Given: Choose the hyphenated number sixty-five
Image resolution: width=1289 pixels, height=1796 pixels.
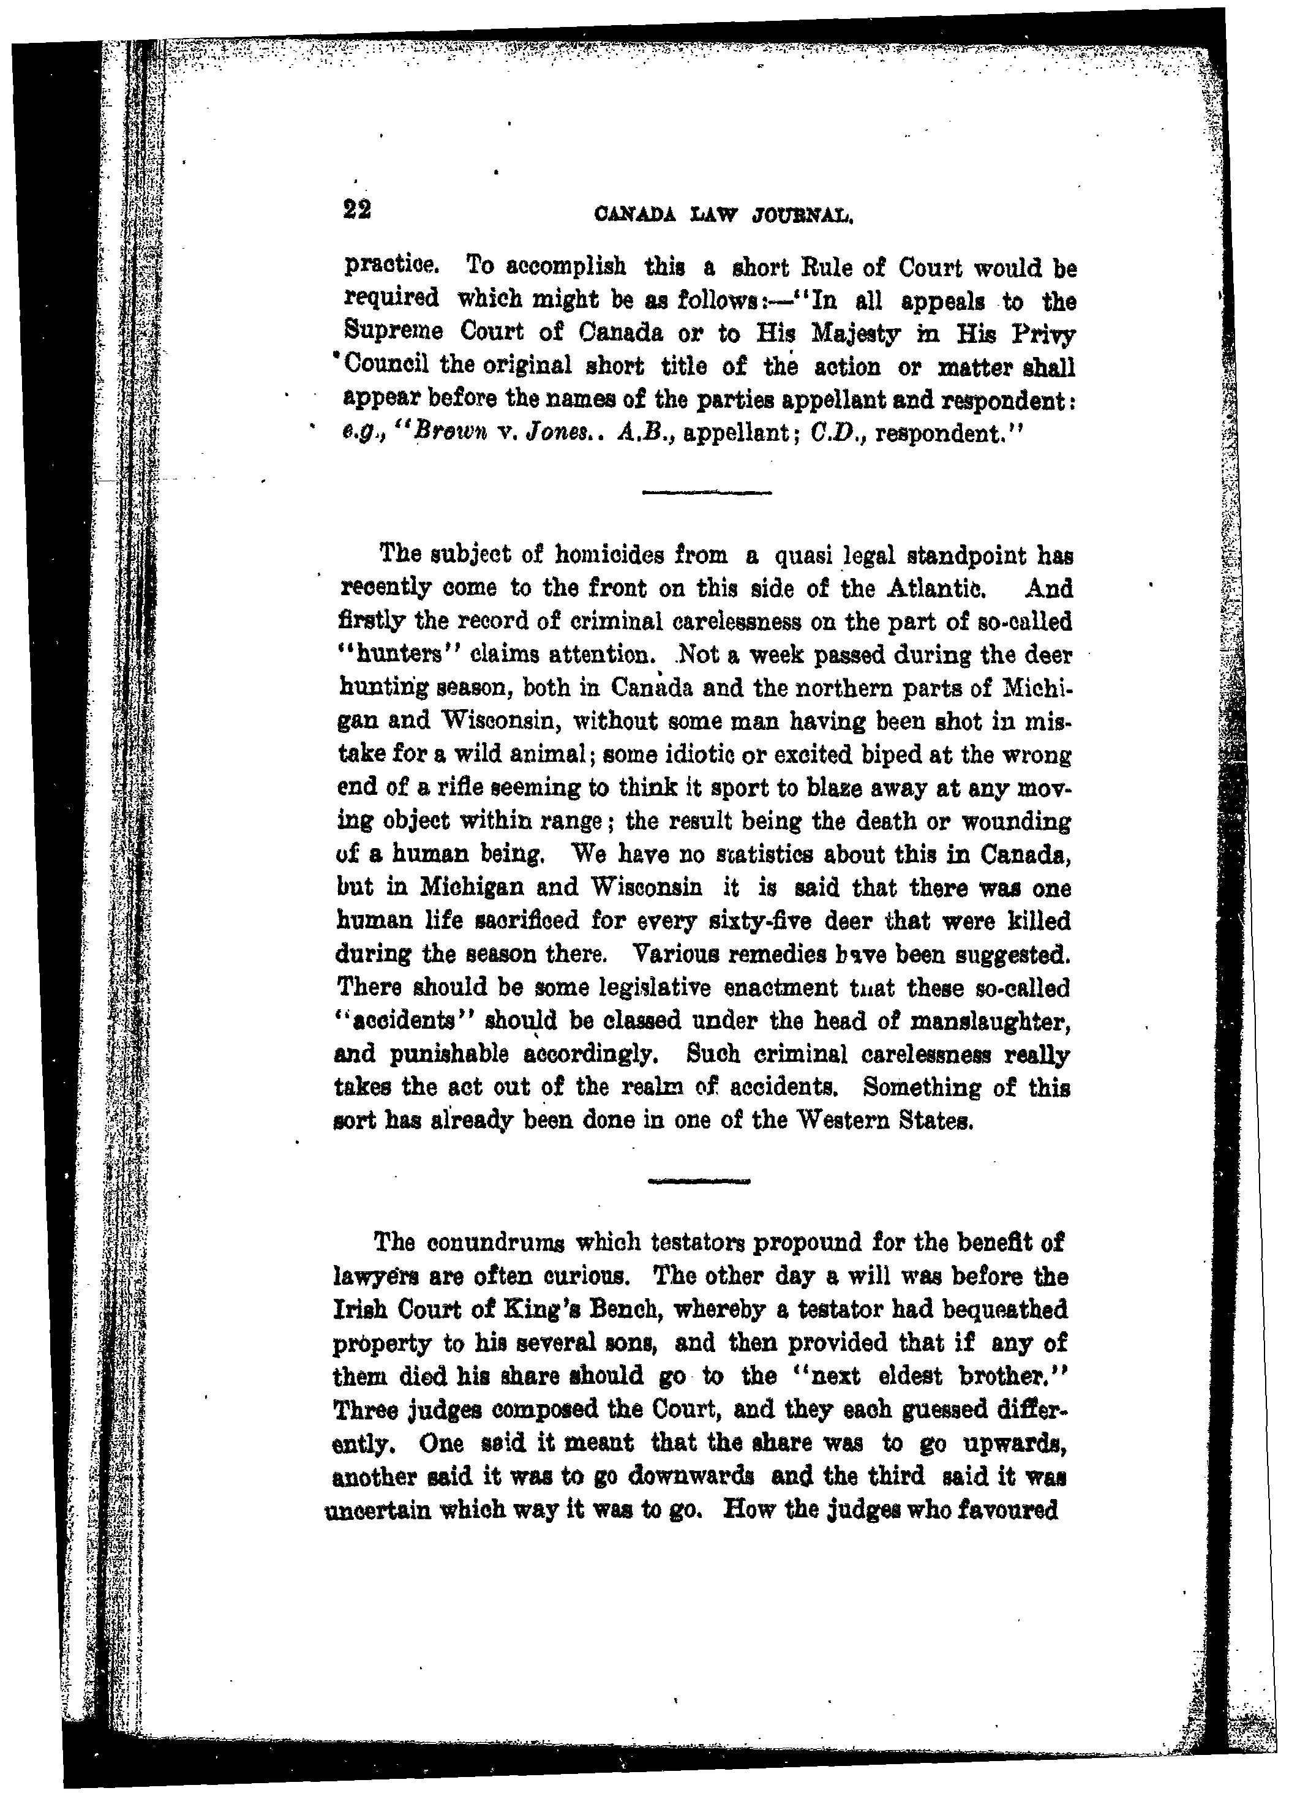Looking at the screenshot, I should [754, 922].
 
